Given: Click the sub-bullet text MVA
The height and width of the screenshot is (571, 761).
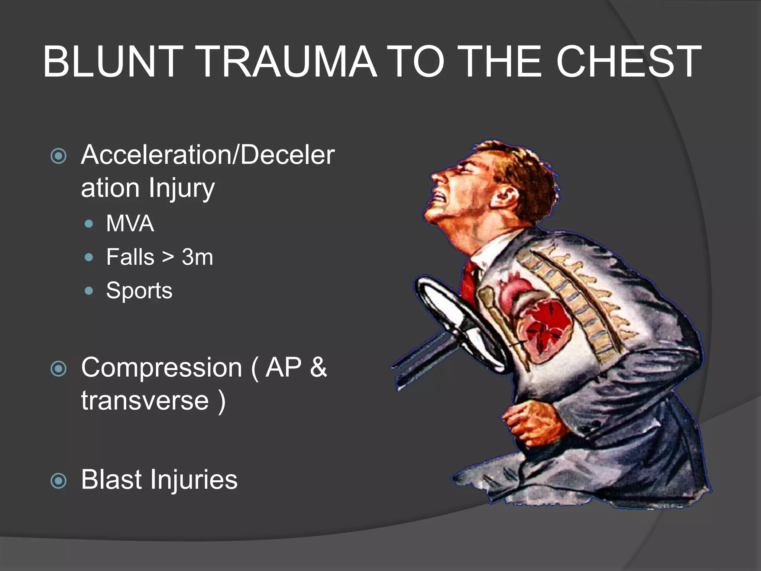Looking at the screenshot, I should pyautogui.click(x=130, y=223).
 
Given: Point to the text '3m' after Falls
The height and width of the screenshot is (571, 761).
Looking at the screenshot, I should pyautogui.click(x=197, y=257).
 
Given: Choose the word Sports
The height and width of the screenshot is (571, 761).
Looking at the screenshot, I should pyautogui.click(x=139, y=290).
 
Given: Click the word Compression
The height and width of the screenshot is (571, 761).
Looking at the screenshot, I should pyautogui.click(x=162, y=368).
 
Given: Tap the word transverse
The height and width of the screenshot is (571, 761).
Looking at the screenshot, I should pyautogui.click(x=145, y=401).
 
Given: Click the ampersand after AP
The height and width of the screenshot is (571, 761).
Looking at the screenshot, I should pyautogui.click(x=318, y=368).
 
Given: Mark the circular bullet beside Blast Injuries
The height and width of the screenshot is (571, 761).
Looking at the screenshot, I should pyautogui.click(x=58, y=481).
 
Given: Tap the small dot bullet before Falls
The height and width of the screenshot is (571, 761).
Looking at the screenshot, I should pyautogui.click(x=89, y=257).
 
